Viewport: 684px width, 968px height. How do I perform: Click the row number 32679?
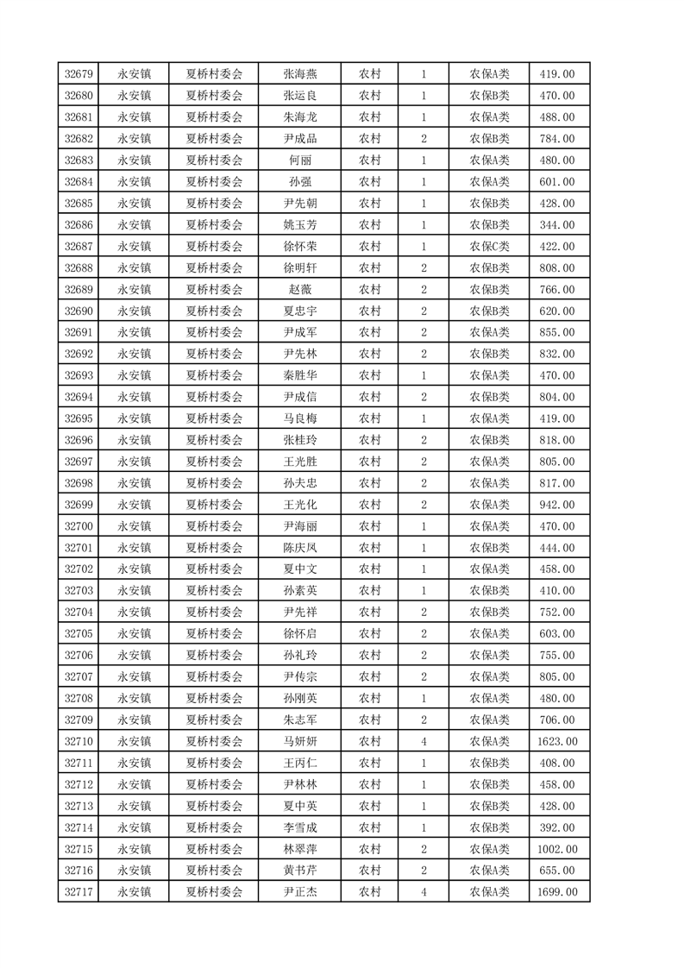pyautogui.click(x=78, y=74)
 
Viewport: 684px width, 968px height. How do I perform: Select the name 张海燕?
pyautogui.click(x=300, y=74)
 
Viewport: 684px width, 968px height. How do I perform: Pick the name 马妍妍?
pyautogui.click(x=300, y=742)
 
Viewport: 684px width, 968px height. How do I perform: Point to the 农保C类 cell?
pyautogui.click(x=489, y=247)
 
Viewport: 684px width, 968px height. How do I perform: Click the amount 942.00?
pyautogui.click(x=557, y=505)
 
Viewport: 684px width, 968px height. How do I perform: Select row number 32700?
pyautogui.click(x=78, y=526)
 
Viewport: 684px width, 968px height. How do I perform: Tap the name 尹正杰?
pyautogui.click(x=300, y=892)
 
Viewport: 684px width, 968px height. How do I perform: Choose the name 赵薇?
pyautogui.click(x=300, y=290)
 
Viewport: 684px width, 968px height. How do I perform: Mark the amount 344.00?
pyautogui.click(x=557, y=225)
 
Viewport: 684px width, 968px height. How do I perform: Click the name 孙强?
pyautogui.click(x=300, y=182)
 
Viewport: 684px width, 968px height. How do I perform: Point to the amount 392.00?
pyautogui.click(x=557, y=827)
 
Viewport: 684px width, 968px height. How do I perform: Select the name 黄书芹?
pyautogui.click(x=300, y=871)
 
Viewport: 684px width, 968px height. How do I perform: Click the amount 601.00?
pyautogui.click(x=557, y=182)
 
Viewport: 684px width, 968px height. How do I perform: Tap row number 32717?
pyautogui.click(x=78, y=892)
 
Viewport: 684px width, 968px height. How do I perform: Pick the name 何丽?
pyautogui.click(x=300, y=160)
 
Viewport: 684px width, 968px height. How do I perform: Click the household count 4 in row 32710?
pyautogui.click(x=424, y=742)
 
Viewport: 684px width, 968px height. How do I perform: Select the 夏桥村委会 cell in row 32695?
pyautogui.click(x=215, y=418)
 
